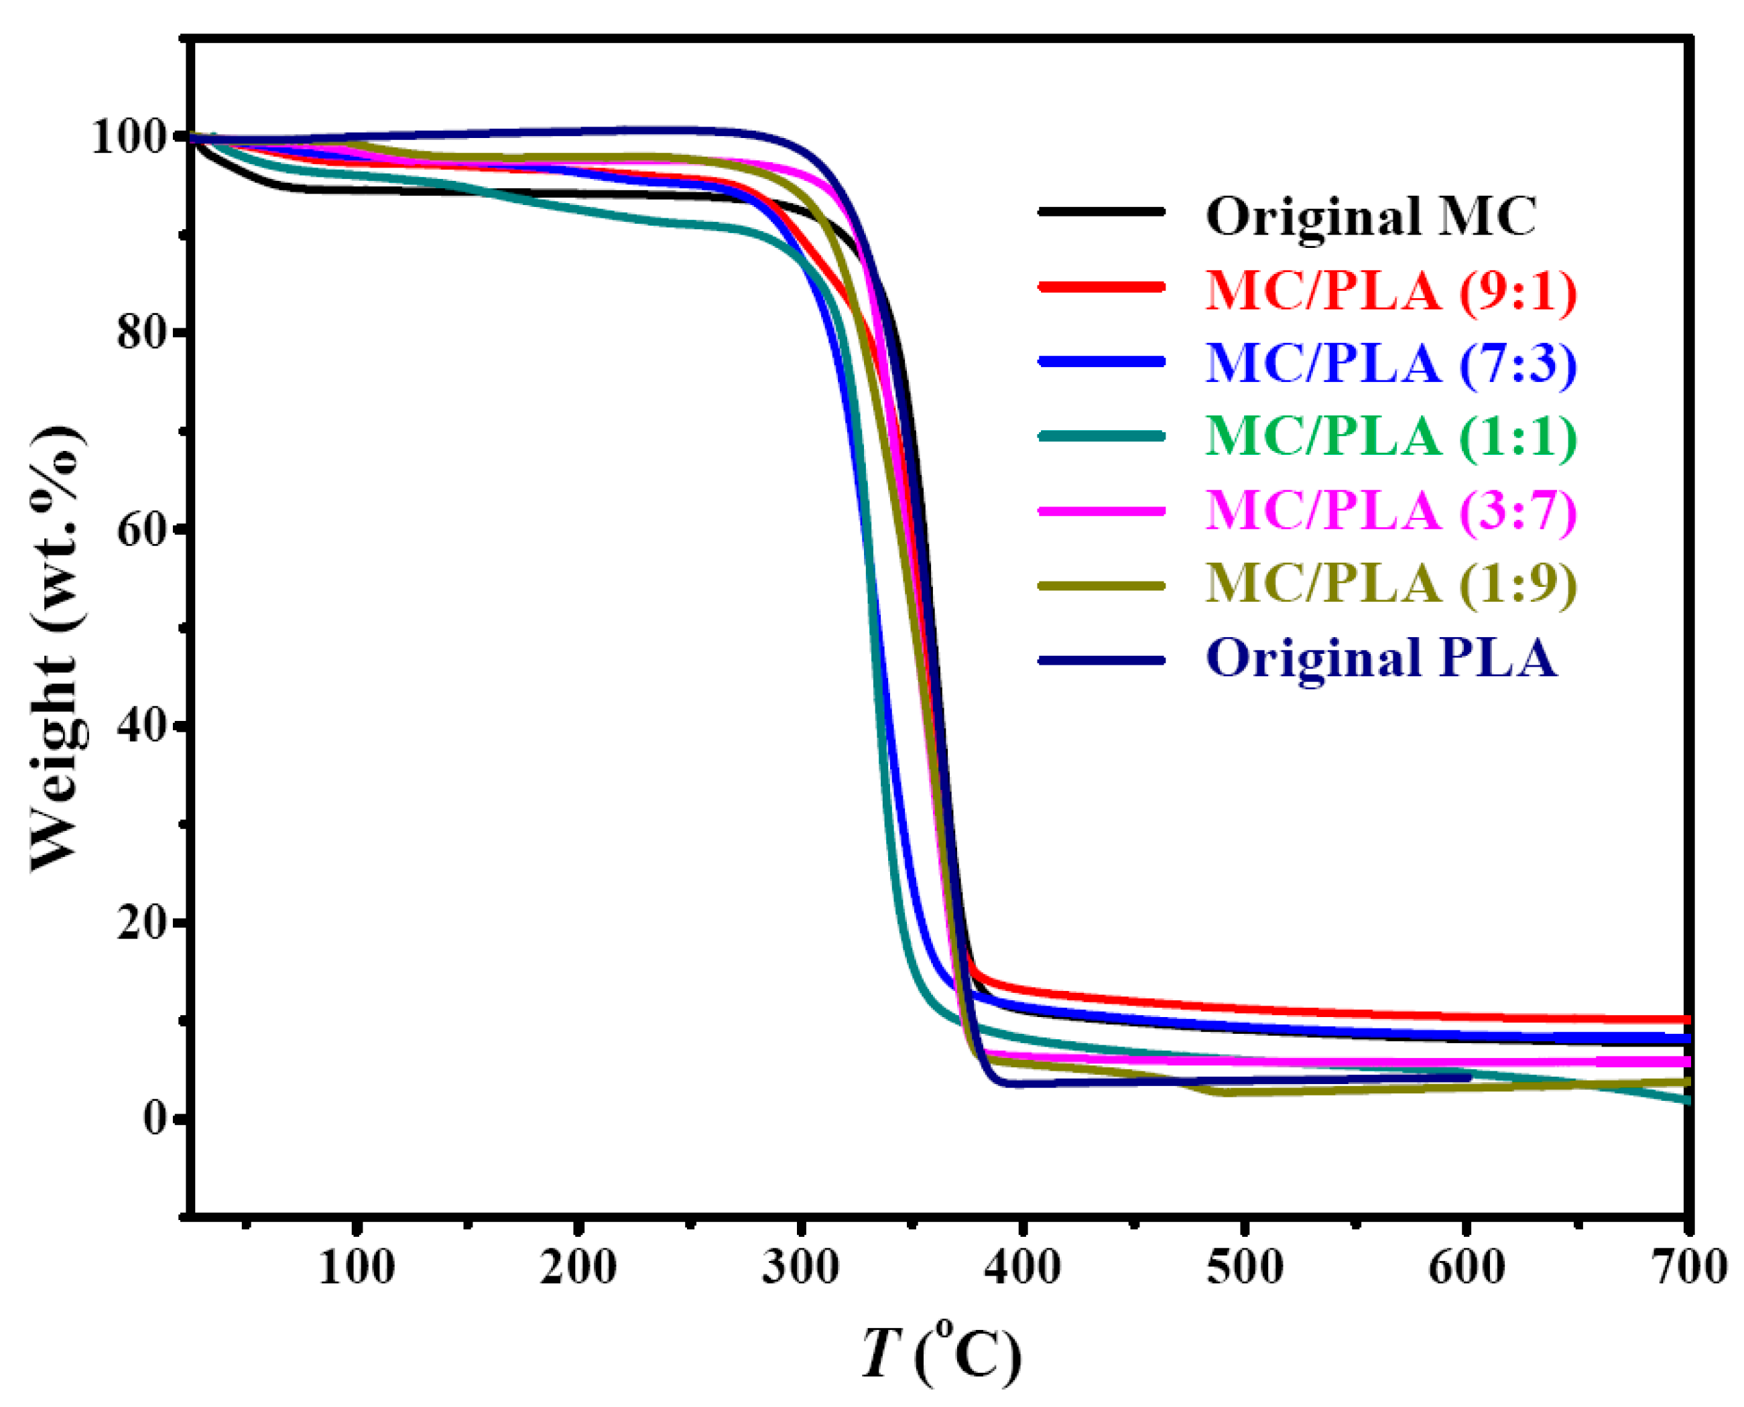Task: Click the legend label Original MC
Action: (x=1370, y=216)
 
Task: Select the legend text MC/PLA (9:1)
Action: (x=1391, y=290)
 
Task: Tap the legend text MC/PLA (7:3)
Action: (x=1391, y=363)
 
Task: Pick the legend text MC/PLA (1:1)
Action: (x=1391, y=437)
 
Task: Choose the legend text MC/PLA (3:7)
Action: (x=1391, y=511)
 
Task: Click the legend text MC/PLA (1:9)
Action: (x=1391, y=584)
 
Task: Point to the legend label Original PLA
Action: (x=1381, y=657)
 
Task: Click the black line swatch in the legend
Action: (x=1102, y=212)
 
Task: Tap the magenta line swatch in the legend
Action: (x=1102, y=511)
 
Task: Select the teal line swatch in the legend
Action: (x=1102, y=436)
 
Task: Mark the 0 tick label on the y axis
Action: (x=155, y=1118)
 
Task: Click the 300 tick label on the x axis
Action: (x=800, y=1267)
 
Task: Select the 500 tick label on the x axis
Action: (x=1245, y=1267)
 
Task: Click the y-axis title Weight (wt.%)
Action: (x=57, y=649)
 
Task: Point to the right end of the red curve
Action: (x=1686, y=1020)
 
